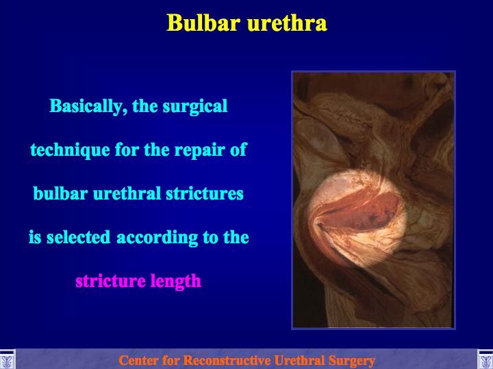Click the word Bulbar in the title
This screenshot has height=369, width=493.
[x=204, y=23]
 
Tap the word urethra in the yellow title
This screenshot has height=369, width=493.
[x=287, y=23]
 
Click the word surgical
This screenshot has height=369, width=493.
[x=195, y=107]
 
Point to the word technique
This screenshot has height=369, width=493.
[x=70, y=150]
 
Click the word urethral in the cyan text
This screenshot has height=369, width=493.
[x=127, y=193]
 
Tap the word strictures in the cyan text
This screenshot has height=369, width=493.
[x=205, y=193]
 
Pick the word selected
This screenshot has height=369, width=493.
[x=79, y=237]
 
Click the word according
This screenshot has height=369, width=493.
[x=157, y=238]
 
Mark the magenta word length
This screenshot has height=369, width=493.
[x=175, y=281]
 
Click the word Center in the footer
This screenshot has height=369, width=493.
[x=138, y=360]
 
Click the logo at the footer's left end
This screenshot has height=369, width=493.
[x=7, y=359]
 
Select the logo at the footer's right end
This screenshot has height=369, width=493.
[x=485, y=359]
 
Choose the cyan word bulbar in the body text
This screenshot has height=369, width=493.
[x=60, y=193]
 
